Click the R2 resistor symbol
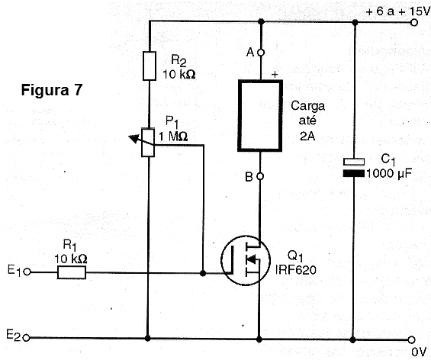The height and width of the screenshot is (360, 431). [150, 66]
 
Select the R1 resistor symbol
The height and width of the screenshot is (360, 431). [72, 272]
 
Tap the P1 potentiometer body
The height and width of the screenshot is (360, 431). [148, 143]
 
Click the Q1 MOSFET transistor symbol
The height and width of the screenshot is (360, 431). [246, 260]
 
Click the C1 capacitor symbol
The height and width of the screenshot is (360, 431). [354, 167]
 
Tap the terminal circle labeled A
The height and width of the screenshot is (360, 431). [260, 52]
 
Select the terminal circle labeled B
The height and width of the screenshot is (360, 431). [260, 176]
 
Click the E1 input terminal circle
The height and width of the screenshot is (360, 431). [27, 272]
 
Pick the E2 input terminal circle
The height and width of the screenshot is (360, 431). [26, 337]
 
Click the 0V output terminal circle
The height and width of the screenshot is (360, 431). [411, 340]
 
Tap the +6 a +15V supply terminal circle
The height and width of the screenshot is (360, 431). [414, 23]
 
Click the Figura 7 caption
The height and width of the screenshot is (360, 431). [52, 90]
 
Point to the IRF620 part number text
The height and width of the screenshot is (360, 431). [296, 270]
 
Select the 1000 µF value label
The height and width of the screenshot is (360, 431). [389, 173]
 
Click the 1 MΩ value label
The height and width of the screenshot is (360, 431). [173, 137]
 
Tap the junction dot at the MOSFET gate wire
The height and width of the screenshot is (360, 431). [203, 273]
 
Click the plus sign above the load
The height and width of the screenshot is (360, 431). [275, 74]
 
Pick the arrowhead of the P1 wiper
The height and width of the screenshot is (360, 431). [133, 139]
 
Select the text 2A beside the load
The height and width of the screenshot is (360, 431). [307, 136]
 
